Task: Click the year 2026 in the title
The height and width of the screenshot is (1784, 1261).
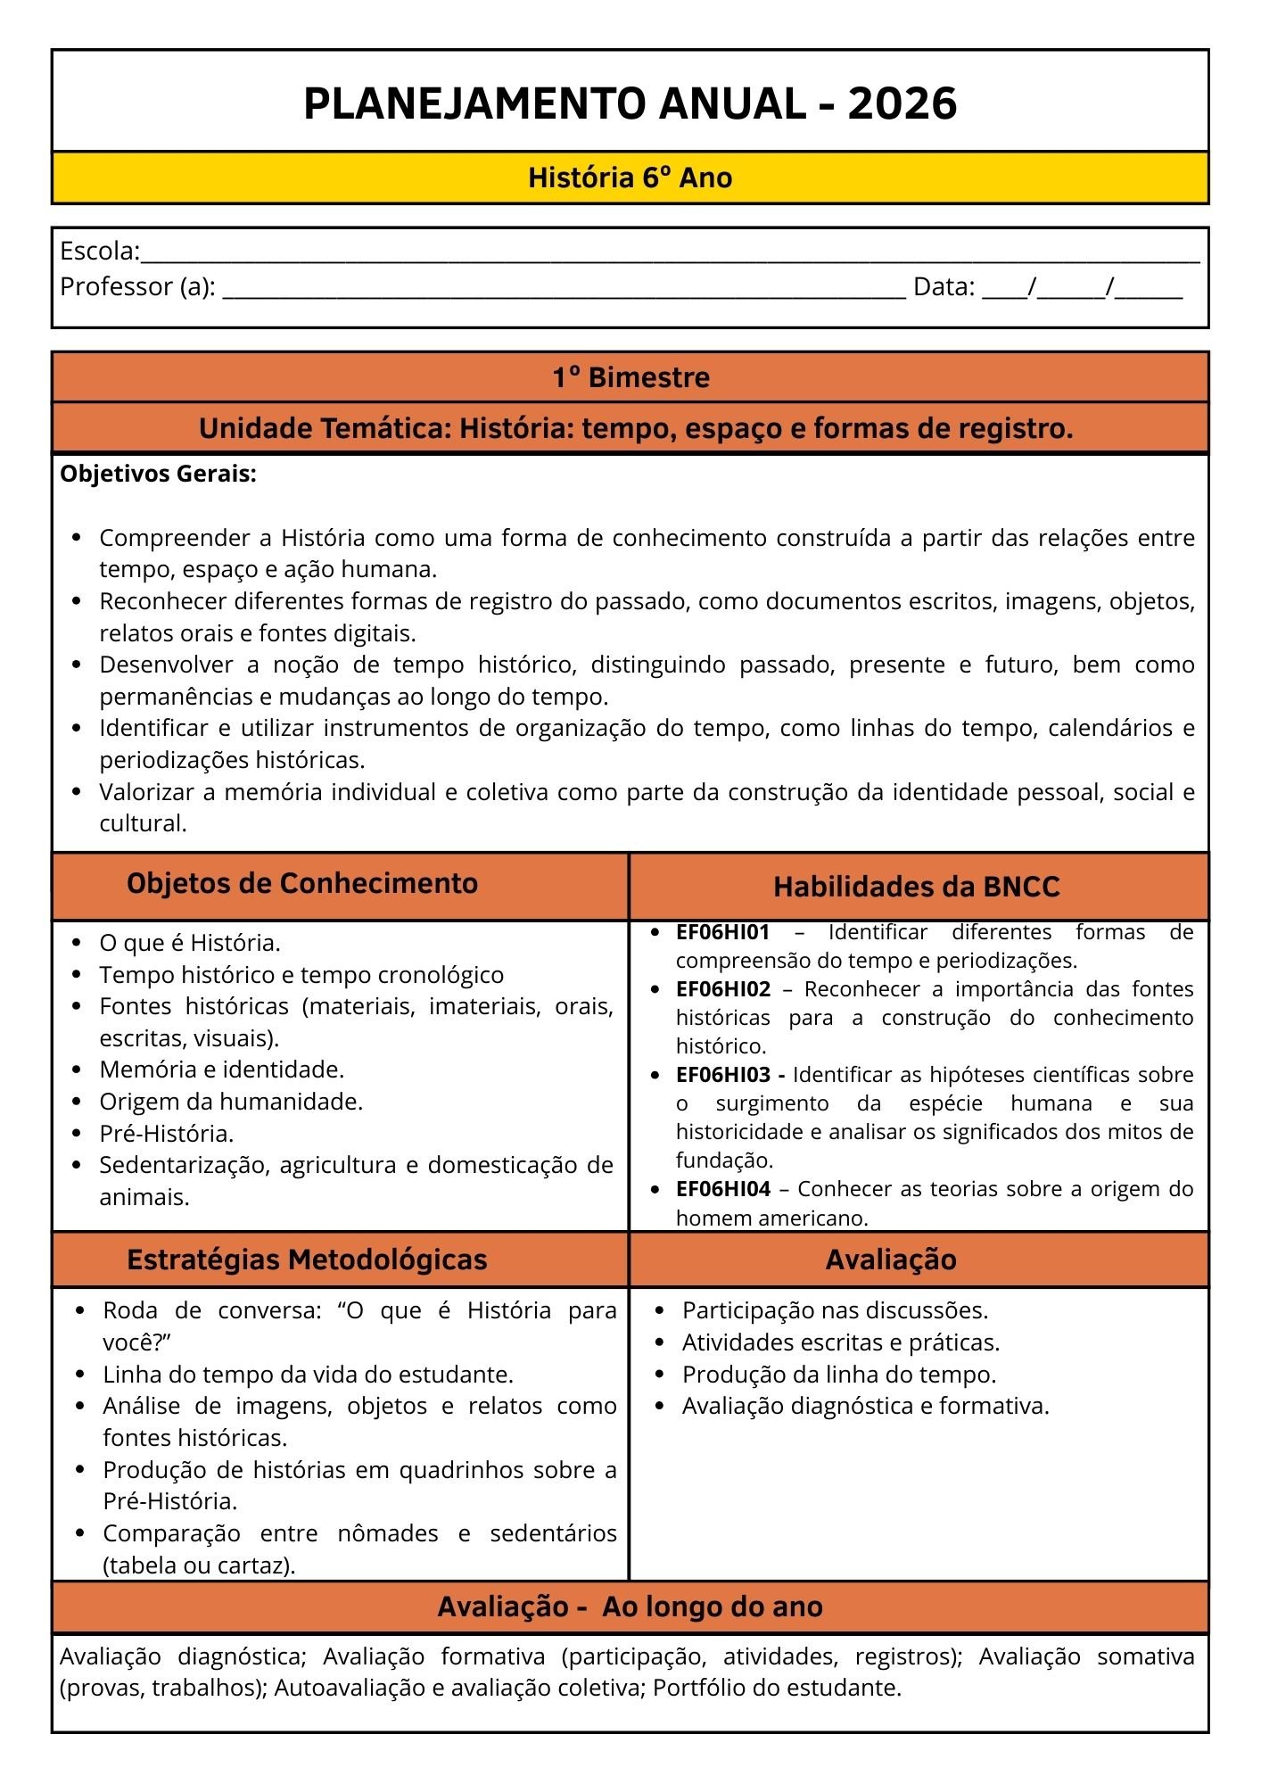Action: tap(902, 103)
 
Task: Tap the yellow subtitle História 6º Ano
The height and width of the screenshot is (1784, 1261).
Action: tap(630, 178)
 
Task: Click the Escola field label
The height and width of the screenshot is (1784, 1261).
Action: tap(99, 252)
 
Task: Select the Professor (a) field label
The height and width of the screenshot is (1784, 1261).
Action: tap(137, 287)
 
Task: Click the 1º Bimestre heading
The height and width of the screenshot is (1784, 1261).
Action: tap(630, 377)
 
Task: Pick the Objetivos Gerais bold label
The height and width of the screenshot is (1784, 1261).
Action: tap(158, 474)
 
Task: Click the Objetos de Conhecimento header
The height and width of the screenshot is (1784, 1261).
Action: tap(302, 883)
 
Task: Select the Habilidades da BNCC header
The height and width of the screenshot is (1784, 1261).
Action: tap(916, 887)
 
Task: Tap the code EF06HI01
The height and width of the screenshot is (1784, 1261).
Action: tap(722, 932)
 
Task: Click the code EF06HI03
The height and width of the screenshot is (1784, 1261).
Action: tap(722, 1075)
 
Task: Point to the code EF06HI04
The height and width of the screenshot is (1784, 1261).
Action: tap(722, 1189)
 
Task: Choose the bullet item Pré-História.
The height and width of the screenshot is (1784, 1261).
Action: tap(166, 1134)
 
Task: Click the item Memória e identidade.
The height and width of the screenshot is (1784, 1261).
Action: tap(221, 1070)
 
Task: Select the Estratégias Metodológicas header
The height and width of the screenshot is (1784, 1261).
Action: tap(307, 1260)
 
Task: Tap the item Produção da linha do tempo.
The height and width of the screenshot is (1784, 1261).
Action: tap(838, 1375)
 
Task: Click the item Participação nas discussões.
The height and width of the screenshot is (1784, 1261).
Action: tap(835, 1310)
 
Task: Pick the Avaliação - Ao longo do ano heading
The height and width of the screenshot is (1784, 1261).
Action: tap(630, 1606)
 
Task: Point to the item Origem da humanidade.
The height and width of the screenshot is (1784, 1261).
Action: tap(231, 1102)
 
